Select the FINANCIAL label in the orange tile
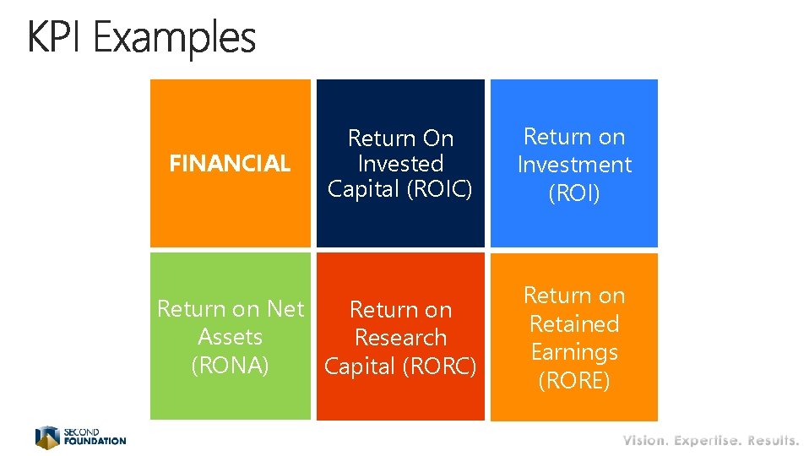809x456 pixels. coord(230,164)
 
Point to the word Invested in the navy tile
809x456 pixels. coord(400,164)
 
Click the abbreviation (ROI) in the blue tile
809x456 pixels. coord(574,193)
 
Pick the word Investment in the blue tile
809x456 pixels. coord(574,165)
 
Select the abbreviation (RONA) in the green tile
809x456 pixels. coord(230,366)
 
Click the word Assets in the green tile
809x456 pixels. coord(230,337)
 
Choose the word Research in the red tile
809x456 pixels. coord(400,338)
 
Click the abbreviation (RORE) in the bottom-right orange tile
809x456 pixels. coord(574,381)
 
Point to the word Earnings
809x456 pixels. coord(574,352)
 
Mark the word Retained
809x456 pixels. coord(574,323)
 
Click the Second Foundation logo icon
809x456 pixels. coord(47,437)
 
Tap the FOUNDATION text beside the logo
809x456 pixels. coord(95,441)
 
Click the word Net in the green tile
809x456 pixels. coord(285,309)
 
